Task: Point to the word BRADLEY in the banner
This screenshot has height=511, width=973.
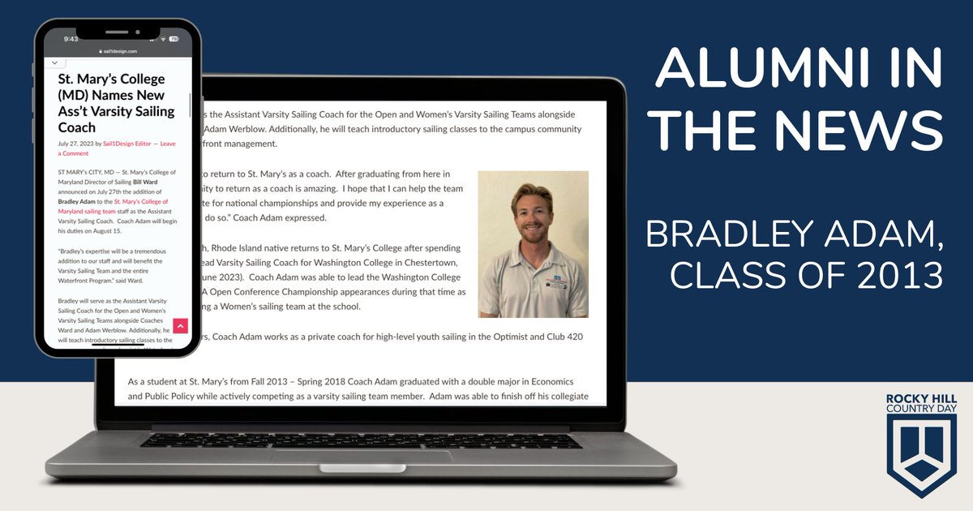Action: click(x=717, y=236)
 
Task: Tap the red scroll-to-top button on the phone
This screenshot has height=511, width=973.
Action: click(x=180, y=326)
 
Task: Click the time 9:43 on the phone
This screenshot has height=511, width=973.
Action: click(x=71, y=38)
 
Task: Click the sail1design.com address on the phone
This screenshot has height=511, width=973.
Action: click(x=119, y=51)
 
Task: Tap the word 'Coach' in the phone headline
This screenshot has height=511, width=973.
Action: click(x=77, y=127)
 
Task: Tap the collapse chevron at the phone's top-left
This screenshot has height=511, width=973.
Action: click(x=54, y=62)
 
